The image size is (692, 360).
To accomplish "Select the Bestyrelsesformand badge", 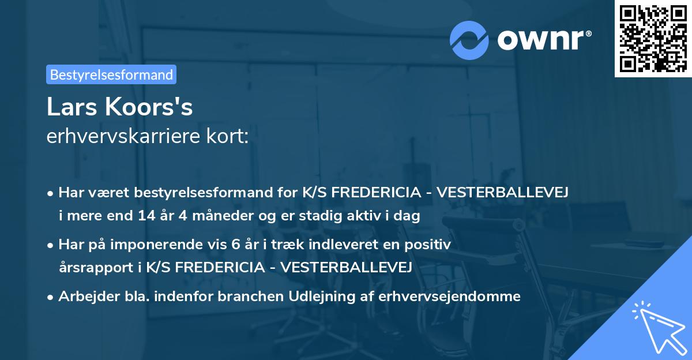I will coord(111,74).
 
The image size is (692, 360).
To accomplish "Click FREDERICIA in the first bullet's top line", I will coord(381,193).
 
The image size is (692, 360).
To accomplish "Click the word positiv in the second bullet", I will coord(430,245).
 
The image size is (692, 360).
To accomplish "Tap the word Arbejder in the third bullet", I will coord(84,297).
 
